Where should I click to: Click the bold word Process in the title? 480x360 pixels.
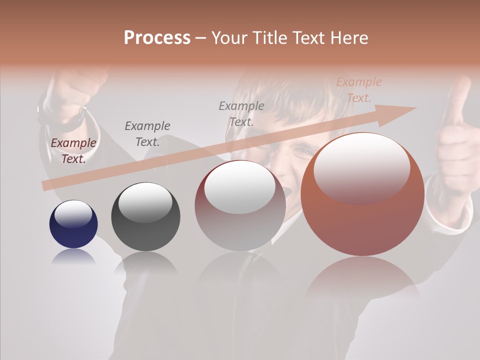pyautogui.click(x=157, y=38)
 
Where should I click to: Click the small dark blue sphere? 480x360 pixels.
pyautogui.click(x=73, y=224)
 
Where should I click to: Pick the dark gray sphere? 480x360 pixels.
pyautogui.click(x=145, y=217)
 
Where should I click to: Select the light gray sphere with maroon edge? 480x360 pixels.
pyautogui.click(x=240, y=205)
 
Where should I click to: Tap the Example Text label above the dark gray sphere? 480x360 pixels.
pyautogui.click(x=147, y=134)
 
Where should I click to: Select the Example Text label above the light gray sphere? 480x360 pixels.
pyautogui.click(x=241, y=113)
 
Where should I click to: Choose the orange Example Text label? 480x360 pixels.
pyautogui.click(x=358, y=90)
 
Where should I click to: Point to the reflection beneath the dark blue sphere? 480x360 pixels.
pyautogui.click(x=73, y=257)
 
